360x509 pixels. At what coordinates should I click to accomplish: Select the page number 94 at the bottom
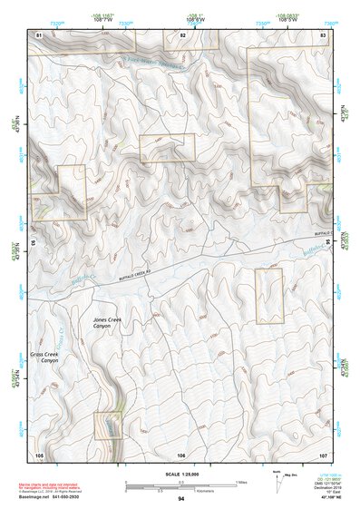[181, 499]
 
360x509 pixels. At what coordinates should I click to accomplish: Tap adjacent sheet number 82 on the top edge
[182, 34]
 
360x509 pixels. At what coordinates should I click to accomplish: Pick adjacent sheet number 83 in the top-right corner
[323, 34]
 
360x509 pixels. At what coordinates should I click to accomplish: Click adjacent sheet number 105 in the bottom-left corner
[39, 453]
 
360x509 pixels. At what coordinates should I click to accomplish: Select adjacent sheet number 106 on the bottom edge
[181, 453]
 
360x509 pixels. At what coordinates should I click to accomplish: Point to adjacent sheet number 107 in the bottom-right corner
[323, 453]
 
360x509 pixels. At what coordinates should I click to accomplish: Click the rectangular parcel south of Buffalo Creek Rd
[269, 295]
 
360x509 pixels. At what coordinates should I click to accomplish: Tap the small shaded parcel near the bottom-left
[108, 425]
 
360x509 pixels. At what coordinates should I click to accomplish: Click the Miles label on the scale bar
[242, 482]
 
